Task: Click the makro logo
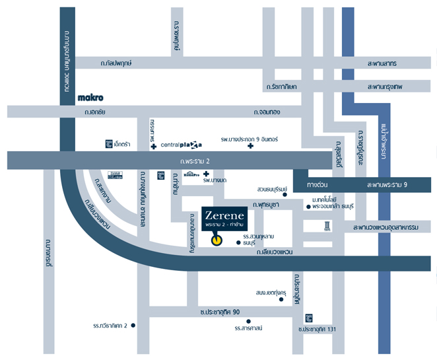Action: (90, 97)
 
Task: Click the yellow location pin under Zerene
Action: (217, 240)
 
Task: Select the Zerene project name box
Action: (224, 221)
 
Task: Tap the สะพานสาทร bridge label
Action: (383, 63)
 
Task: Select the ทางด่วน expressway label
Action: (319, 185)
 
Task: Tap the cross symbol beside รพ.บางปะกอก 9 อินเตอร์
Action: (250, 145)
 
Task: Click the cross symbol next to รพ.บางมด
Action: (206, 174)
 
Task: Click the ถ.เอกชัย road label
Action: (96, 113)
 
